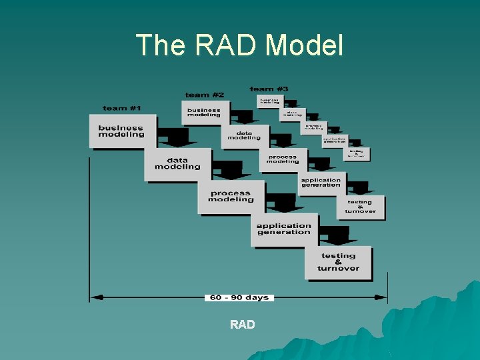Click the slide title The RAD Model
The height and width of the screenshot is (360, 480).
(x=240, y=45)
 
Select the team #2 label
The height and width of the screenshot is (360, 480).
(x=205, y=95)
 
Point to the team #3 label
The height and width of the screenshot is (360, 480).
(x=269, y=89)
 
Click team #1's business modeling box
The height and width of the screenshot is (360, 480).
(x=121, y=131)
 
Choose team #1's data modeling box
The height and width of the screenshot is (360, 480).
(x=177, y=163)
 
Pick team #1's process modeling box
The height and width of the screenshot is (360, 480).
(x=231, y=196)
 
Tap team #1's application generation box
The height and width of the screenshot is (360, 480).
(x=284, y=229)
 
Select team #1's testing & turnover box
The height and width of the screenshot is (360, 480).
(x=338, y=262)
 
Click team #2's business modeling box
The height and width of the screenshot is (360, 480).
(x=204, y=112)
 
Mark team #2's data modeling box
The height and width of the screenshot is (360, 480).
(x=244, y=135)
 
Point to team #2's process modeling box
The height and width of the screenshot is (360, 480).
(x=283, y=159)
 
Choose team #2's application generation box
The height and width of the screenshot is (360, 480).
(x=321, y=182)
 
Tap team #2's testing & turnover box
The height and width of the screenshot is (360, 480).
(x=360, y=207)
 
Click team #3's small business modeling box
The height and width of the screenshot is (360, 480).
(x=269, y=102)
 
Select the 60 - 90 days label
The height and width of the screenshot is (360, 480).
(x=239, y=297)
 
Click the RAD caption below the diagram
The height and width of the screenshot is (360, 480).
(x=242, y=325)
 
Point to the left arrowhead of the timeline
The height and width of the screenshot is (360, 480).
(x=94, y=297)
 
